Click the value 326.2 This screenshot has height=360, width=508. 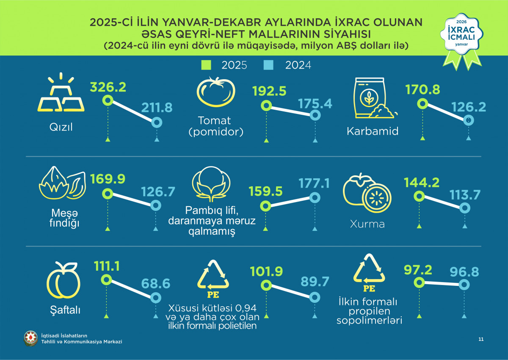(108, 87)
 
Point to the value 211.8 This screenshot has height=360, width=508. (157, 108)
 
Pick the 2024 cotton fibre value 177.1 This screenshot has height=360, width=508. (315, 183)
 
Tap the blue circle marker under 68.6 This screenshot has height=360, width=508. (157, 297)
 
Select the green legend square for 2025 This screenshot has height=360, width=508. (207, 65)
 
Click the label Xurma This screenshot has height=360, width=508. (367, 224)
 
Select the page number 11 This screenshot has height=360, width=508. (480, 339)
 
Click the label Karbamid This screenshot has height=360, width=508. (373, 131)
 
